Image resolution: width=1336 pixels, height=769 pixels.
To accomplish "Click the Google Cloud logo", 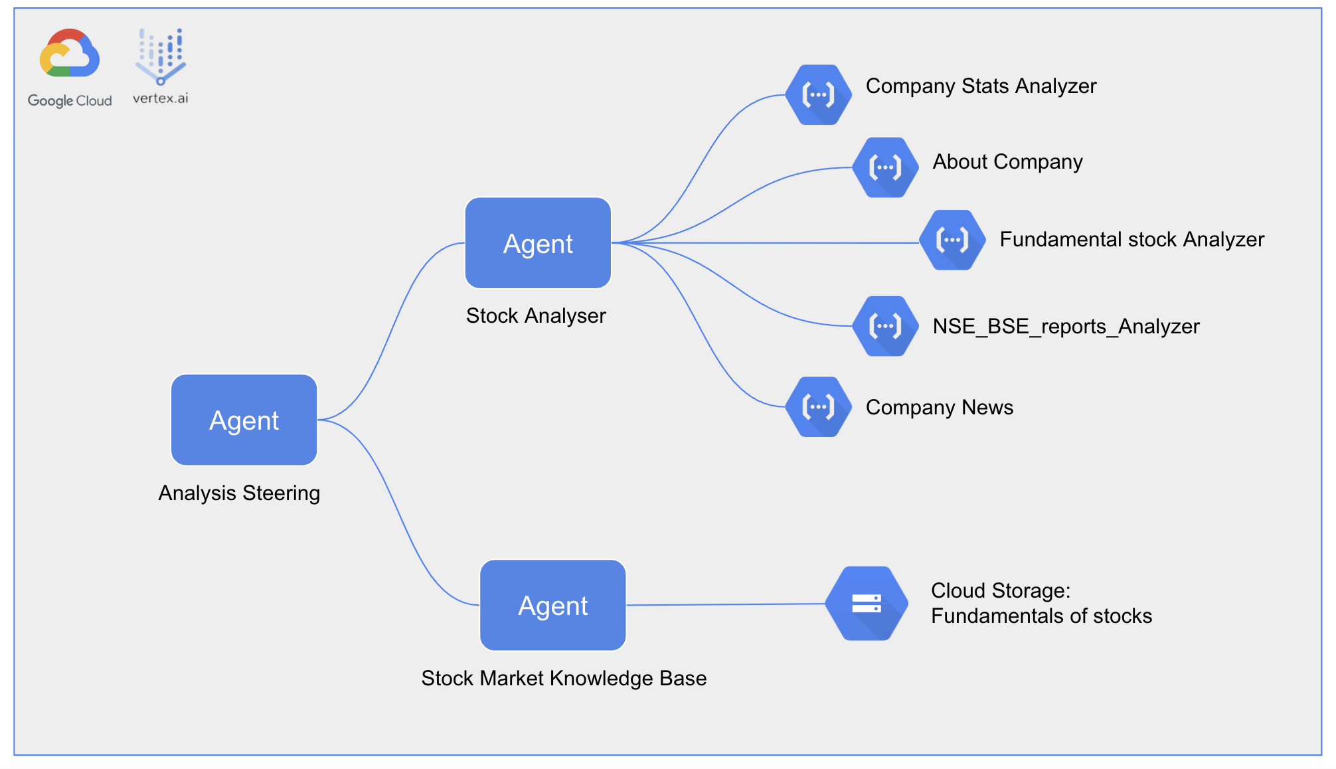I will click(x=70, y=66).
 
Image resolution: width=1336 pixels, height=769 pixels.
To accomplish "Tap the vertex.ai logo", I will click(x=161, y=65).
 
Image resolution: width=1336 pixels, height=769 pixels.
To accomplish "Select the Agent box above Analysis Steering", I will click(x=244, y=420).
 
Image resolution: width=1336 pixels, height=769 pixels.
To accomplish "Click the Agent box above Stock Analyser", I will click(x=538, y=243).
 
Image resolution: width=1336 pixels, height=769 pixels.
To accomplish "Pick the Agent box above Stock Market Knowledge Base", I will click(x=552, y=605).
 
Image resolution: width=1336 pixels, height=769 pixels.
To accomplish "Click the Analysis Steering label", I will click(x=239, y=493).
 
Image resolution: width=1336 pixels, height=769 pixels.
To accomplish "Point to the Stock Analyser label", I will click(x=536, y=315).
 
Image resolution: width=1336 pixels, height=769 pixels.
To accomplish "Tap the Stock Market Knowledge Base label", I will click(x=564, y=678).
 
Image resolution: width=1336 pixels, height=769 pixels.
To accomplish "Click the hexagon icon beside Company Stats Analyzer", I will click(x=818, y=95).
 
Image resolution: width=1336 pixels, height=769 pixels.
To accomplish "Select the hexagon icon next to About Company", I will click(x=885, y=167).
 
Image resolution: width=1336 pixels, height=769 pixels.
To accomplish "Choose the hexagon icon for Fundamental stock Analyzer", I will click(x=952, y=240).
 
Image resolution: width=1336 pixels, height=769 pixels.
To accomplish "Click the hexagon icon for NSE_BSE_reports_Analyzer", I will click(x=885, y=326).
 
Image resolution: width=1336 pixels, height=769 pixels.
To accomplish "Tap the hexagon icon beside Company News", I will click(x=818, y=406).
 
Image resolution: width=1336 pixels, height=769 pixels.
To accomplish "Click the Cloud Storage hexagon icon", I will click(x=867, y=603).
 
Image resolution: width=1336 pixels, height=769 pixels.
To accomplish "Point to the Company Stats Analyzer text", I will click(x=981, y=86).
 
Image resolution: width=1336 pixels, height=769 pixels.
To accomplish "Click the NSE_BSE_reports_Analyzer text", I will click(x=1066, y=327).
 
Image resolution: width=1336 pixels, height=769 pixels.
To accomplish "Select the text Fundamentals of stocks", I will click(x=1041, y=616).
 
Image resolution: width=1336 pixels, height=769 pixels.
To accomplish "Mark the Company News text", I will click(x=939, y=407).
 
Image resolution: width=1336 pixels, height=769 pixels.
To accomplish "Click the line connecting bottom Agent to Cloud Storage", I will click(x=724, y=604).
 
